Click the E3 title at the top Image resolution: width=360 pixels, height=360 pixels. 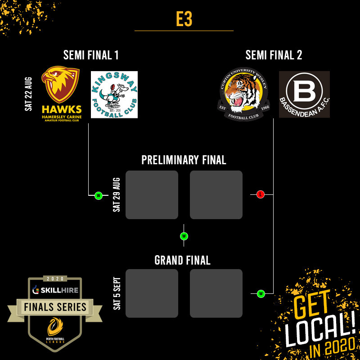pyautogui.click(x=184, y=19)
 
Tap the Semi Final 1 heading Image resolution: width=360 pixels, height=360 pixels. pyautogui.click(x=91, y=55)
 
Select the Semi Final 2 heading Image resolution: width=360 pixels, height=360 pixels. pyautogui.click(x=274, y=55)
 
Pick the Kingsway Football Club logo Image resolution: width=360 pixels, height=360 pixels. pyautogui.click(x=114, y=94)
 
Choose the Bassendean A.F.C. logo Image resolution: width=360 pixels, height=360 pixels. pyautogui.click(x=304, y=94)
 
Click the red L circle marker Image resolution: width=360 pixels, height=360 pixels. pyautogui.click(x=260, y=194)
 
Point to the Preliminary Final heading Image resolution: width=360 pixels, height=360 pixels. pyautogui.click(x=184, y=160)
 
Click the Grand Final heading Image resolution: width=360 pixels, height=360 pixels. pyautogui.click(x=182, y=260)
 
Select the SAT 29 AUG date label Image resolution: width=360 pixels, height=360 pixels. pyautogui.click(x=117, y=194)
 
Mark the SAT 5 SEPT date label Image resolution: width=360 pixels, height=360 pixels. pyautogui.click(x=117, y=293)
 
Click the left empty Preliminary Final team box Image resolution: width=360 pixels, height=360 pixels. pyautogui.click(x=152, y=195)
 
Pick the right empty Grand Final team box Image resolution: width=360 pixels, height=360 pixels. pyautogui.click(x=216, y=293)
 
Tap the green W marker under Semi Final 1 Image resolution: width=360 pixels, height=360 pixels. pyautogui.click(x=98, y=195)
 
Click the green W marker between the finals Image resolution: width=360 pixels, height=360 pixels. pyautogui.click(x=184, y=236)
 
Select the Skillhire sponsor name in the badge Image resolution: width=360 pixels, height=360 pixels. pyautogui.click(x=58, y=290)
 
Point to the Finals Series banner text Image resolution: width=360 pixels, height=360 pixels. pyautogui.click(x=56, y=308)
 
